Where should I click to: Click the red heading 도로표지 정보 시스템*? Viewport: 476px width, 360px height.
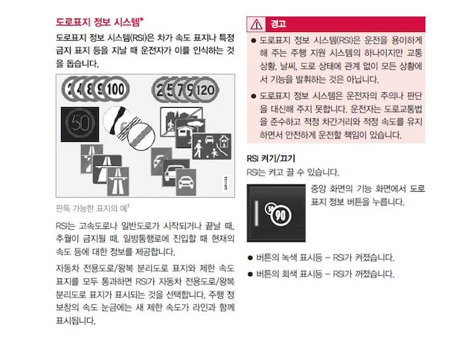[x=100, y=22]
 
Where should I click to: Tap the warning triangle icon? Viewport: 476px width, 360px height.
[x=256, y=25]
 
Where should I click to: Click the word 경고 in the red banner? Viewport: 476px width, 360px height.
[x=278, y=24]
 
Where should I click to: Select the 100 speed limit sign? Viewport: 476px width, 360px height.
[x=116, y=89]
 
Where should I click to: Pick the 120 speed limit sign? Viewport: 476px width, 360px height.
[x=205, y=90]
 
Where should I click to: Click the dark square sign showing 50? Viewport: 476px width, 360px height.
[x=80, y=124]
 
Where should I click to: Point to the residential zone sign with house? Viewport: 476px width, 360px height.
[x=212, y=147]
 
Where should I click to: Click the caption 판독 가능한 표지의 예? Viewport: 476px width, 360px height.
[x=92, y=208]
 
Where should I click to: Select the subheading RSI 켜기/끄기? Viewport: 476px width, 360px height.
[x=271, y=158]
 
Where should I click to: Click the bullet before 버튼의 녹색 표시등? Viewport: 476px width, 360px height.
[x=250, y=258]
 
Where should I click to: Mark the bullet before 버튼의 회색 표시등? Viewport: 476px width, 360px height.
[x=250, y=274]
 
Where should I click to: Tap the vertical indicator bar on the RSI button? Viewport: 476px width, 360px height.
[x=257, y=213]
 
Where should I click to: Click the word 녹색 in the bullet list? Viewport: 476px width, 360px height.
[x=289, y=258]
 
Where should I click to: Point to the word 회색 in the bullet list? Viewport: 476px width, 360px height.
[x=289, y=274]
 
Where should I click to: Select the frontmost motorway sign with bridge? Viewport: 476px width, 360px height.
[x=118, y=181]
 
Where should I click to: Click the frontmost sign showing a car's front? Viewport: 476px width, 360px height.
[x=186, y=182]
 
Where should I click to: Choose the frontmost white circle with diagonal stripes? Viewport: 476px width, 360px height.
[x=141, y=136]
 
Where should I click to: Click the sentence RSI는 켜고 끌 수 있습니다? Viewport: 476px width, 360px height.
[x=292, y=173]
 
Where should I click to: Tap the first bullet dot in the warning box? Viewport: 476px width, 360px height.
[x=254, y=40]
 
